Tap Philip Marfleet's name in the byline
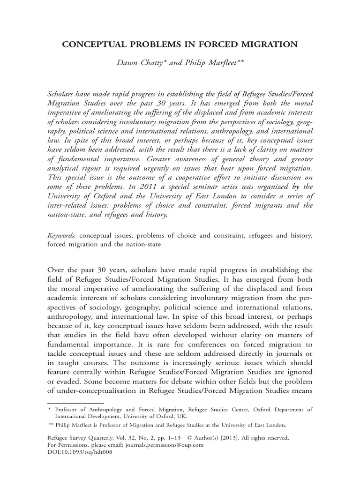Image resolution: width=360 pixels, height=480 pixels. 213,62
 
